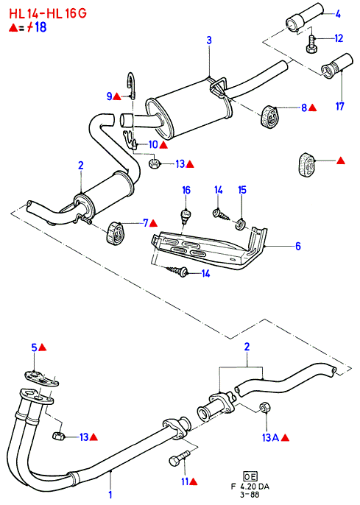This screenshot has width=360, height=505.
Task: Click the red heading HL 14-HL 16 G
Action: [48, 13]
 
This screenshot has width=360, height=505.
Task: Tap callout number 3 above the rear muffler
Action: [209, 40]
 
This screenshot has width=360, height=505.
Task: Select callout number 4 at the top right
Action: [338, 14]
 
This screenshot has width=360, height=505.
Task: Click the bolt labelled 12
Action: [311, 44]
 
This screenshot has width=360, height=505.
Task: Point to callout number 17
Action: [340, 106]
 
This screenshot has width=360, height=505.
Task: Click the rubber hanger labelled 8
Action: [270, 116]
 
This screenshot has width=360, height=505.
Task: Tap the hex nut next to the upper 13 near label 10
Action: [154, 163]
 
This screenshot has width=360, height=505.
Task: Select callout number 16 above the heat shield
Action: [186, 191]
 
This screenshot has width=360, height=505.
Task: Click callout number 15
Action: [242, 190]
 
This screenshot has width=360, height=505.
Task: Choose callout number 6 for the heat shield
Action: [298, 247]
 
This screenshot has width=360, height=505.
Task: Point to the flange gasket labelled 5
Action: [42, 378]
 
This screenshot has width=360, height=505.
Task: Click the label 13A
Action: [270, 437]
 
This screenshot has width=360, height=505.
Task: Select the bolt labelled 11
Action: [180, 458]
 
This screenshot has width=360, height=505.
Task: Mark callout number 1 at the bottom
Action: [110, 495]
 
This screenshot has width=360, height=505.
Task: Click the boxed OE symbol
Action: [250, 476]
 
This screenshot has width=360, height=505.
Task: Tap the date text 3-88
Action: [250, 495]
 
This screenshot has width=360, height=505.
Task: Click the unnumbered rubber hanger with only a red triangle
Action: [306, 165]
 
